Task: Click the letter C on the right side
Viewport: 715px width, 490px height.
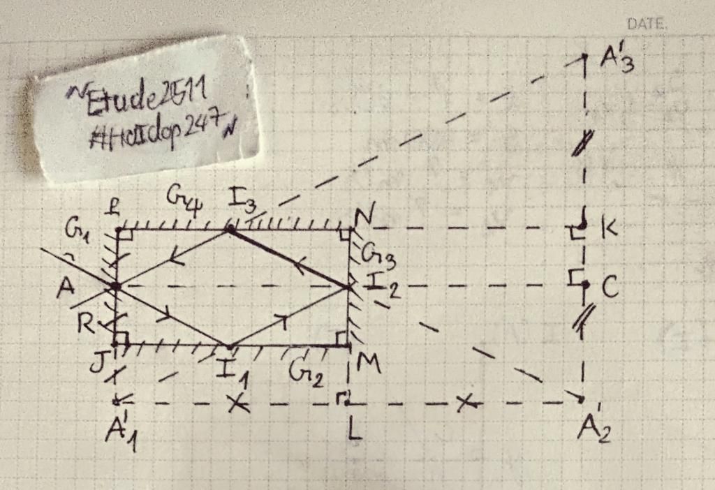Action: (610, 288)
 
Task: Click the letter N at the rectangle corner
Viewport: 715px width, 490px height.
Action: (363, 217)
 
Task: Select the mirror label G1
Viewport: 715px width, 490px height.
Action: (77, 230)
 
